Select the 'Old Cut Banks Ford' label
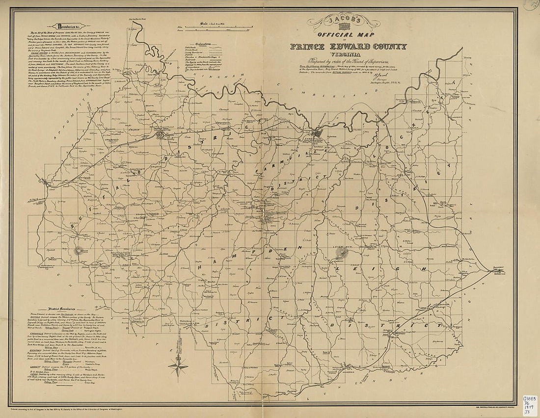pos(138,19)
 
